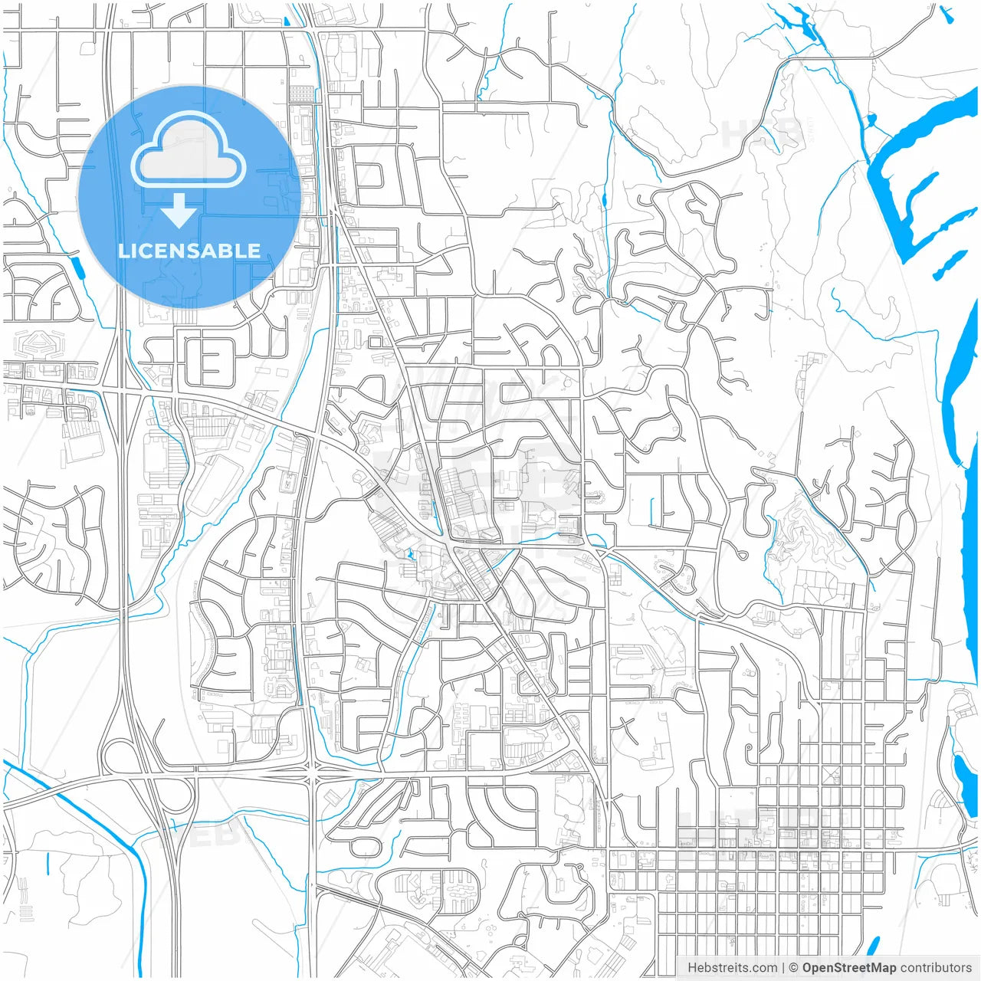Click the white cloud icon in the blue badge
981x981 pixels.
pyautogui.click(x=188, y=151)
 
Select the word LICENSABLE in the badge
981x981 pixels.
pyautogui.click(x=189, y=251)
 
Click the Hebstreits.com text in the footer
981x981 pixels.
pyautogui.click(x=732, y=967)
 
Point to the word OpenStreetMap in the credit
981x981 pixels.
pyautogui.click(x=848, y=967)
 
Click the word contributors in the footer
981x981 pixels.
pyautogui.click(x=936, y=967)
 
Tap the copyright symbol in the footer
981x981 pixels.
pyautogui.click(x=793, y=967)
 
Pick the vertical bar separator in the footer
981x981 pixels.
pyautogui.click(x=783, y=967)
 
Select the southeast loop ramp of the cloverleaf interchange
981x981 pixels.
pyautogui.click(x=178, y=797)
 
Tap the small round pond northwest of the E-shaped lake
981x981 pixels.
pyautogui.click(x=870, y=120)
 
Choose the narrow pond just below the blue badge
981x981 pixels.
pyautogui.click(x=77, y=267)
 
